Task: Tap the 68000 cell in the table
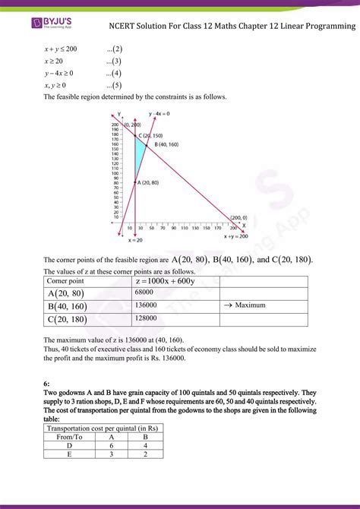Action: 145,292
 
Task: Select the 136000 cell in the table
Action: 147,305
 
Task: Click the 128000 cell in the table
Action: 147,319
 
